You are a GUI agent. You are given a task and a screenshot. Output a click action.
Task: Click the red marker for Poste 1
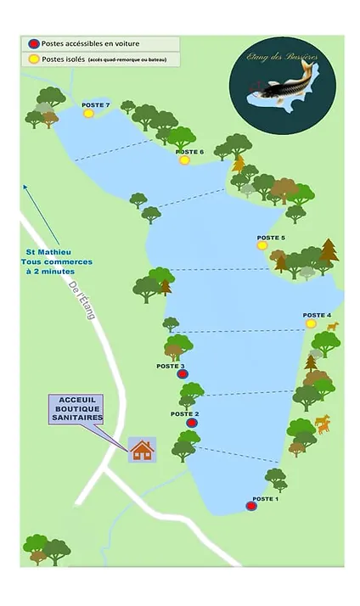pyautogui.click(x=250, y=506)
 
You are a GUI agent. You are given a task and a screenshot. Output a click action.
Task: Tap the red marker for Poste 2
pyautogui.click(x=191, y=422)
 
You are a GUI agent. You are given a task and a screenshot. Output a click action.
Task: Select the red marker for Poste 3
pyautogui.click(x=180, y=373)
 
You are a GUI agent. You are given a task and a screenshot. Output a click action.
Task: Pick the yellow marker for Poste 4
pyautogui.click(x=310, y=323)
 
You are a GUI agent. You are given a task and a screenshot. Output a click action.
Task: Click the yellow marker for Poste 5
pyautogui.click(x=262, y=245)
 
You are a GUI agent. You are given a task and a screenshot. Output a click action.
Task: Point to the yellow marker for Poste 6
pyautogui.click(x=184, y=160)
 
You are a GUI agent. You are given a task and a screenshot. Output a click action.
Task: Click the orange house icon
pyautogui.click(x=142, y=449)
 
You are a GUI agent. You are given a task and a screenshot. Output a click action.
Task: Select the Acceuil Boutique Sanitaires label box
pyautogui.click(x=76, y=407)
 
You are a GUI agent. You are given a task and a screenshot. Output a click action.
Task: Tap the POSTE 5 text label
pyautogui.click(x=271, y=237)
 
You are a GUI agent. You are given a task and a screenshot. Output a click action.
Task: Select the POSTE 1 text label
pyautogui.click(x=265, y=498)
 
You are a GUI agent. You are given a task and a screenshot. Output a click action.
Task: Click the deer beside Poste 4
pyautogui.click(x=332, y=326)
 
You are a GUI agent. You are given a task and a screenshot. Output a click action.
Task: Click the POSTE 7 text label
pyautogui.click(x=96, y=104)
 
